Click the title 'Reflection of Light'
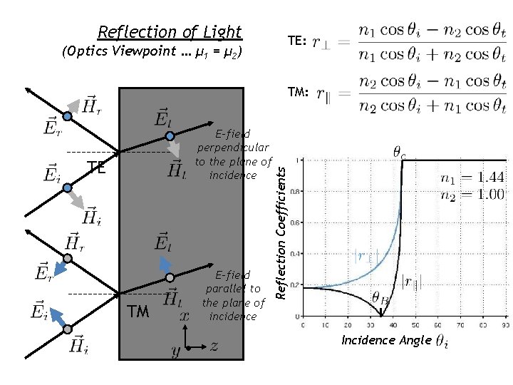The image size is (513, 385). click(170, 32)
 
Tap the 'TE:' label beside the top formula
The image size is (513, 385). click(297, 42)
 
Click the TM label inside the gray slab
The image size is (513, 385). click(138, 312)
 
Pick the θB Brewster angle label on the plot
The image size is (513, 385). click(379, 299)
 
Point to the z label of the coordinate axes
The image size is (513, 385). click(213, 346)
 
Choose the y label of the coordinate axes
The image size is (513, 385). click(175, 351)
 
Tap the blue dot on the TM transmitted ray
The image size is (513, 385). click(170, 277)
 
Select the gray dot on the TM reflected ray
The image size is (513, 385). click(68, 258)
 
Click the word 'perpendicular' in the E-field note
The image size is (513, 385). click(233, 148)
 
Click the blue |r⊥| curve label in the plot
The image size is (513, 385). click(365, 254)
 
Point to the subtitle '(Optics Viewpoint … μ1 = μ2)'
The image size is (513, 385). click(152, 52)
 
